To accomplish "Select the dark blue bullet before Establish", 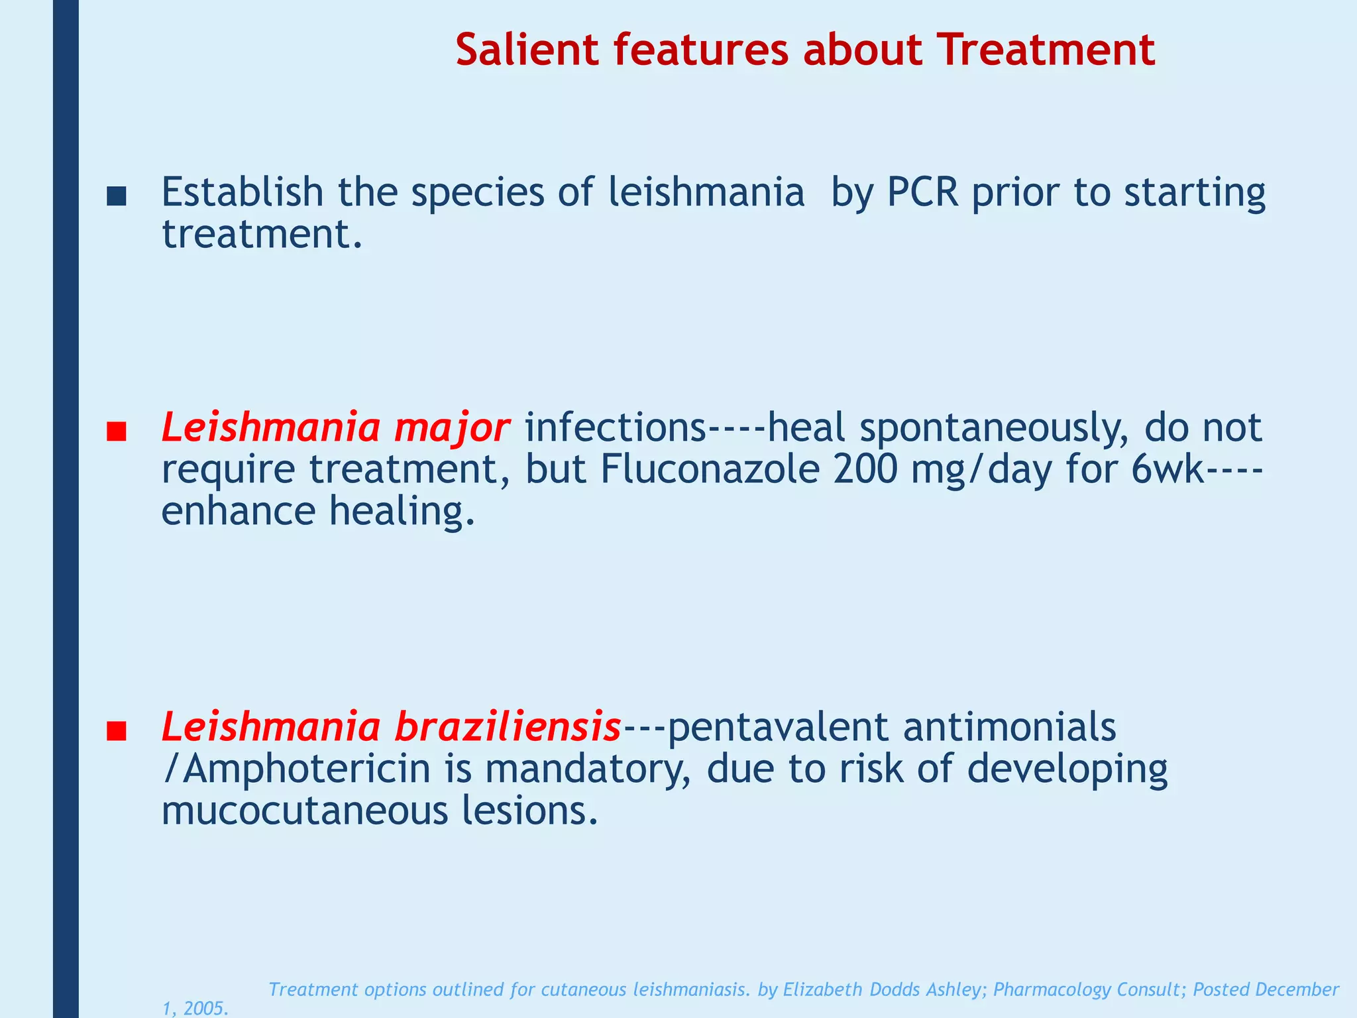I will click(x=116, y=196).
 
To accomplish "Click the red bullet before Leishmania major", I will click(x=116, y=432).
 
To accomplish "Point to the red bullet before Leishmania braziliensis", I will click(x=116, y=731).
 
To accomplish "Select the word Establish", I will click(x=243, y=192).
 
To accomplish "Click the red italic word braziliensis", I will click(x=508, y=727).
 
